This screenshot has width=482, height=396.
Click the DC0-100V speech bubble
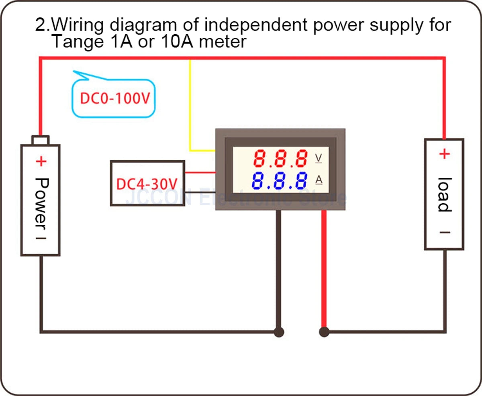coord(113,98)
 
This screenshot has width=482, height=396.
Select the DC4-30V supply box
coord(147,184)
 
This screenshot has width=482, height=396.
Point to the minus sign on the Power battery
coord(41,237)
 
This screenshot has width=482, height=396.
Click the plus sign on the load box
coord(444,154)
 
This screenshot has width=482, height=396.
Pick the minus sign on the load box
coord(444,233)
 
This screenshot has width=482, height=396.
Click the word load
coord(444,194)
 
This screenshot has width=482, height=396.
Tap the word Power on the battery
coord(41,203)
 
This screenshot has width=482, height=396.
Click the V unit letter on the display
coord(319,158)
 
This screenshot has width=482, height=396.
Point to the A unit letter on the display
coord(319,180)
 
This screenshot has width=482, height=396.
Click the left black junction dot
coord(279,332)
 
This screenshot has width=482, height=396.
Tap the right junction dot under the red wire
coord(324,332)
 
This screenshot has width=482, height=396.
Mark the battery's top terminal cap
coord(41,140)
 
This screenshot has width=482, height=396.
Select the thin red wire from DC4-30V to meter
coord(200,173)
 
